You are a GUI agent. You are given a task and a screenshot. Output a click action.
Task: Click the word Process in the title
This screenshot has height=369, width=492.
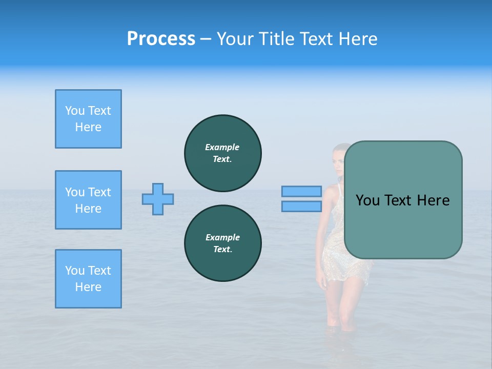coord(161,39)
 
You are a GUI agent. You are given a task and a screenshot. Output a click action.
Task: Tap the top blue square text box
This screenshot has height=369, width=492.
coord(88,119)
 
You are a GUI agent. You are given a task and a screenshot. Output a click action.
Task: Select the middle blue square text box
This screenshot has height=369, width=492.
coord(88,200)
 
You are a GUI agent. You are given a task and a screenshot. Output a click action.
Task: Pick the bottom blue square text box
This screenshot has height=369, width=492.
coord(88,279)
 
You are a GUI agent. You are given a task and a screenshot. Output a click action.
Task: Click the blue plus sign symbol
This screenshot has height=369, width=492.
coord(158,199)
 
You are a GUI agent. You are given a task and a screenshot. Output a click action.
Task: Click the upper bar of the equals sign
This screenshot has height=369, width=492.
coord(301,191)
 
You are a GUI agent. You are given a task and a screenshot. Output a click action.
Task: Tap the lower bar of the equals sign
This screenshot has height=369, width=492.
coord(301,206)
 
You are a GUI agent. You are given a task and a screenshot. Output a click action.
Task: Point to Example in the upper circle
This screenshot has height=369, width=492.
coord(222,147)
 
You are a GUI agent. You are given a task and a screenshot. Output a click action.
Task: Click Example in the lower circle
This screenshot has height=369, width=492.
coord(222,237)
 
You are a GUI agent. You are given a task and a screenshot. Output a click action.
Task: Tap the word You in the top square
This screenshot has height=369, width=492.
coord(75,111)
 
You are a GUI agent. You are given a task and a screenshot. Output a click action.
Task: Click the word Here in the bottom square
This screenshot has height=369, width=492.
coord(88,287)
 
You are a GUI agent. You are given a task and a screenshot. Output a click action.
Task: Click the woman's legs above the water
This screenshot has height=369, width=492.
coord(338,302)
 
